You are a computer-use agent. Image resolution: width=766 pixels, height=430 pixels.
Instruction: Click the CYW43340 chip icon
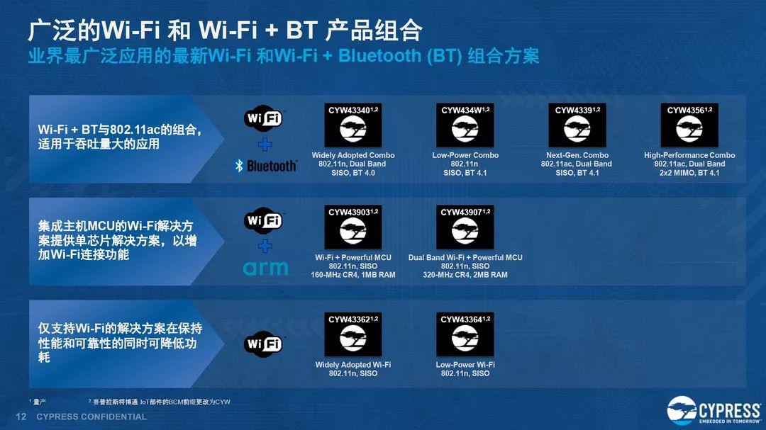tap(353, 125)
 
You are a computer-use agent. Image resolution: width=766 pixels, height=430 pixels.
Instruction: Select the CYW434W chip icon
tap(465, 125)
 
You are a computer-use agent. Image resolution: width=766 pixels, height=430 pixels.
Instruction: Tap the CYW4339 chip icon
tap(577, 125)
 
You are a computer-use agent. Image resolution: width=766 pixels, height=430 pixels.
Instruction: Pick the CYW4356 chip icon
tap(689, 125)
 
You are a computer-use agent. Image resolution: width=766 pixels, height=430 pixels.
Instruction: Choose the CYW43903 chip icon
tap(353, 227)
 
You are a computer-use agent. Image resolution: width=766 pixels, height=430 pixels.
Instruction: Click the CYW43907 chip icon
tap(465, 227)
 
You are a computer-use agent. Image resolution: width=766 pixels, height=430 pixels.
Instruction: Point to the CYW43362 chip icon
tap(353, 334)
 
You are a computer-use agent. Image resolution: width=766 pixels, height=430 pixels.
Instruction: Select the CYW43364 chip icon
tap(465, 334)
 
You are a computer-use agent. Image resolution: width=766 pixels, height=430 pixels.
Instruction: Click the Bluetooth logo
tap(265, 166)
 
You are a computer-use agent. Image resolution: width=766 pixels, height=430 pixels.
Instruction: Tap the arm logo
tap(265, 268)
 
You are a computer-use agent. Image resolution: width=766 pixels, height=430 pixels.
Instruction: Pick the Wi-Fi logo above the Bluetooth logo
tap(264, 118)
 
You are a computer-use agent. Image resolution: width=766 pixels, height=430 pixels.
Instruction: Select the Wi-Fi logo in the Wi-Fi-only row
tap(264, 344)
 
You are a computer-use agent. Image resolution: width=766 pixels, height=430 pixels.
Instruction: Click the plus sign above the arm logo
tap(265, 246)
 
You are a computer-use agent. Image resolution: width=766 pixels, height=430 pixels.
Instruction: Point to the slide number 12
tap(21, 417)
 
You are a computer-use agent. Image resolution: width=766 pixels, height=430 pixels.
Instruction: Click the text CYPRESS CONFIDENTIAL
tap(91, 417)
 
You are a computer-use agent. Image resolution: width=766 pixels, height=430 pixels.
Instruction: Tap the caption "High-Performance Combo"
tap(689, 155)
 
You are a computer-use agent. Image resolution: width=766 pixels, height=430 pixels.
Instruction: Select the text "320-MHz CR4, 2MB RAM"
tap(465, 275)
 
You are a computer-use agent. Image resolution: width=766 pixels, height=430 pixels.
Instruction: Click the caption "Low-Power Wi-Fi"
tap(465, 365)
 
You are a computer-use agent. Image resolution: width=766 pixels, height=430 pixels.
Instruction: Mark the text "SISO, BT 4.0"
tap(353, 173)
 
